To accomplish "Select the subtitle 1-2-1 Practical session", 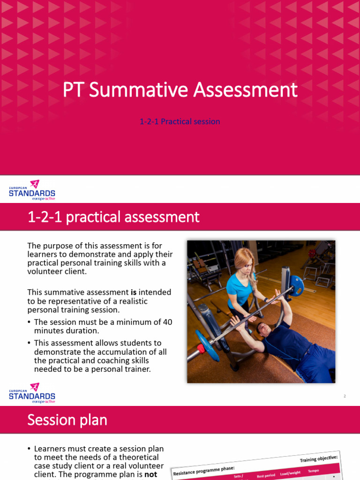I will click(x=180, y=121).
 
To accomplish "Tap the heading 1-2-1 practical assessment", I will click(x=113, y=217).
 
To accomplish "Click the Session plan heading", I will click(x=67, y=420).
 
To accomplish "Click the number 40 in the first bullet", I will click(x=167, y=322).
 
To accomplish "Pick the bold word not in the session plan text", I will click(x=151, y=474).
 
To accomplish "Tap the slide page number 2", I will click(x=345, y=396).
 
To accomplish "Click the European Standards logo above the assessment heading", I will click(x=32, y=190).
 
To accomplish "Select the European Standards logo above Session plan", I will click(x=32, y=393).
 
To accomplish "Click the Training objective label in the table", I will click(x=319, y=457).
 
